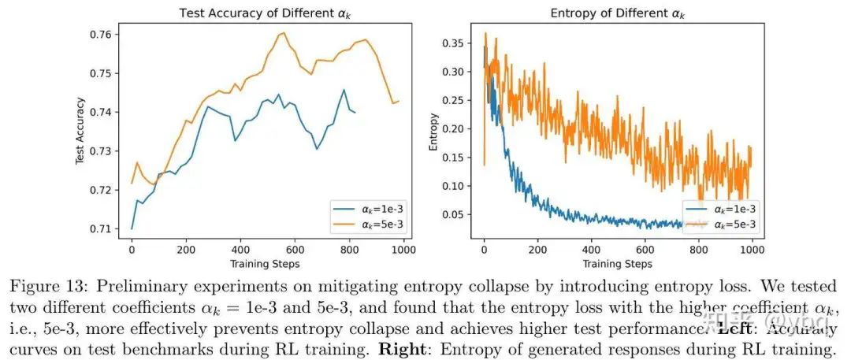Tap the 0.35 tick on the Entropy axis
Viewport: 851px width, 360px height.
tap(454, 44)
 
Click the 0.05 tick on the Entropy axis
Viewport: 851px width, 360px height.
tap(454, 214)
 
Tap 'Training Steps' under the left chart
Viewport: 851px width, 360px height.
tap(266, 263)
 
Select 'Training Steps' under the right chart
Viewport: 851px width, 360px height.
tap(619, 263)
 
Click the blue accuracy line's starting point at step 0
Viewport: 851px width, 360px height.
tap(132, 228)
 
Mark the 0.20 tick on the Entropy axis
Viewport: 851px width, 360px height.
tap(454, 129)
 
